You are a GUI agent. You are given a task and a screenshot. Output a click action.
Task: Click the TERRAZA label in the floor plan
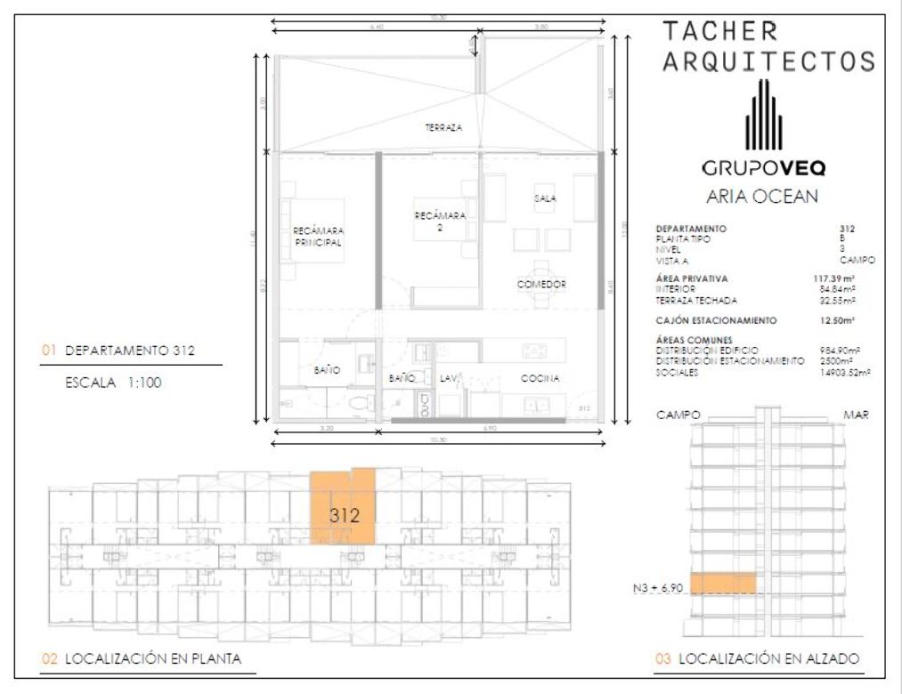[x=443, y=128]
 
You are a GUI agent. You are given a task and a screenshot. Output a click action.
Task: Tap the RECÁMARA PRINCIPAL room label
[x=317, y=236]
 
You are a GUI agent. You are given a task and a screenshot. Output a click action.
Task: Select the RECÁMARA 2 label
[x=439, y=222]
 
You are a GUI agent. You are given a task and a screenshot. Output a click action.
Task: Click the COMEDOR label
[x=541, y=285]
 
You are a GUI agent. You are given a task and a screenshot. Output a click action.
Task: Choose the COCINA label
[x=540, y=378]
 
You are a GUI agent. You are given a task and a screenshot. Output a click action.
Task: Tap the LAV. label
[x=450, y=378]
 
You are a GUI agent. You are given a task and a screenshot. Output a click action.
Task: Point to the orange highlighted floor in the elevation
[x=723, y=584]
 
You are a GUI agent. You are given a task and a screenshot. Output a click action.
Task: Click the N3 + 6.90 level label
[x=657, y=587]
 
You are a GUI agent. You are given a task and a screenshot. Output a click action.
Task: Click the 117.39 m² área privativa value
[x=833, y=278]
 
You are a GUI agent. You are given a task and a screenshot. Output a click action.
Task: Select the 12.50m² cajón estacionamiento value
[x=837, y=319]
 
